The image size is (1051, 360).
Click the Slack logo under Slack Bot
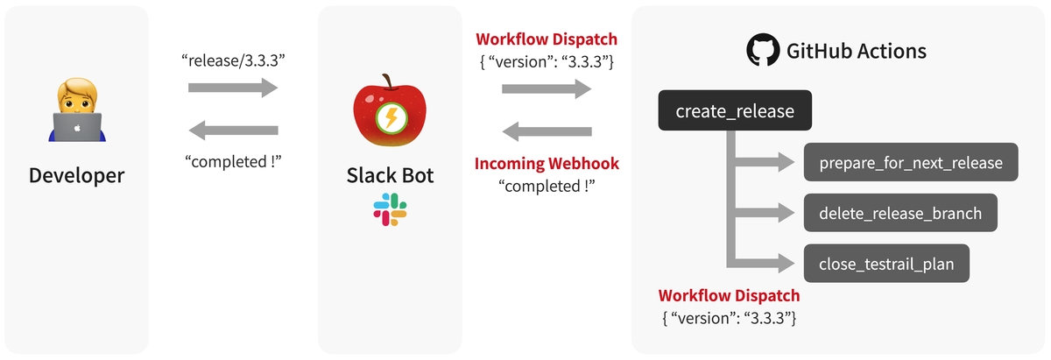pyautogui.click(x=390, y=211)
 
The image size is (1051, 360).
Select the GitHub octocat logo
pyautogui.click(x=763, y=52)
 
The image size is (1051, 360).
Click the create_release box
pyautogui.click(x=735, y=111)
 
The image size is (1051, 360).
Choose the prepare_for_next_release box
pyautogui.click(x=911, y=163)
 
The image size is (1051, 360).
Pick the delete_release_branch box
pyautogui.click(x=900, y=213)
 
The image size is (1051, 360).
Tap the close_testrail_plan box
pyautogui.click(x=886, y=263)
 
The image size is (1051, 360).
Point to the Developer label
pyautogui.click(x=77, y=175)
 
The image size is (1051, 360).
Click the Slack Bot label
pyautogui.click(x=390, y=175)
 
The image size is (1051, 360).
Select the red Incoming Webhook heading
pyautogui.click(x=547, y=164)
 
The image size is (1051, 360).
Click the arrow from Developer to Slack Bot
pyautogui.click(x=233, y=88)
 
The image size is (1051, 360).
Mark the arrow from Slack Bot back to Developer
pyautogui.click(x=233, y=131)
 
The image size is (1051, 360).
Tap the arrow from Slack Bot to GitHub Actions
pyautogui.click(x=547, y=88)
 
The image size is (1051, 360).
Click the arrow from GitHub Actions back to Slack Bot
pyautogui.click(x=547, y=132)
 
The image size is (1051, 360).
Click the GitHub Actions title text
pyautogui.click(x=856, y=52)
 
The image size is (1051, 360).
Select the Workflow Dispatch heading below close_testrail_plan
pyautogui.click(x=729, y=295)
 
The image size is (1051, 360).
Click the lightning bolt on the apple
pyautogui.click(x=390, y=120)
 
